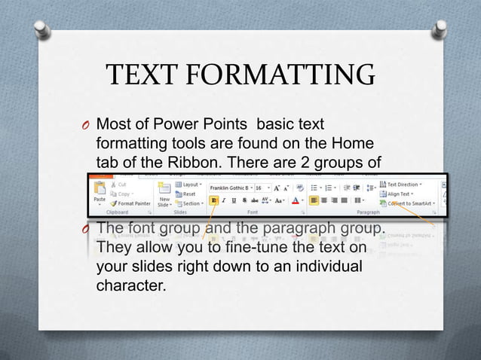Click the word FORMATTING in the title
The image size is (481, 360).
(281, 76)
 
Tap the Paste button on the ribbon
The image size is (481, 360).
(99, 193)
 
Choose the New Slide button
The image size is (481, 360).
(164, 194)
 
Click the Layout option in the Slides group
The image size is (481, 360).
(188, 185)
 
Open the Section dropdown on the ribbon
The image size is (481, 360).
(190, 203)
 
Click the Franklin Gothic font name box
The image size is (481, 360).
(229, 188)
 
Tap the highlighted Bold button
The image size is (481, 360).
(215, 200)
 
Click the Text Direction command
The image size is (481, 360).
(403, 185)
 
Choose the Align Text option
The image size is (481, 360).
(400, 194)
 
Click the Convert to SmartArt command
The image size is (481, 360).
(410, 203)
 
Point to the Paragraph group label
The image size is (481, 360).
(368, 212)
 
